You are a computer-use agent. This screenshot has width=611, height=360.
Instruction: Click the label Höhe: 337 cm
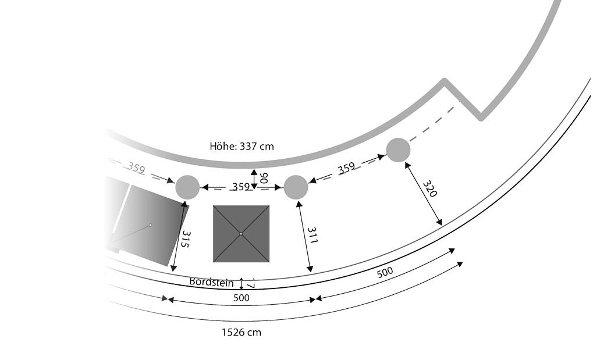pyautogui.click(x=241, y=146)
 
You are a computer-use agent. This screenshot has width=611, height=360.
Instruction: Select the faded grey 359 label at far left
pyautogui.click(x=137, y=169)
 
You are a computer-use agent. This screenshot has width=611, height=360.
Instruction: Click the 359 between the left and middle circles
pyautogui.click(x=241, y=187)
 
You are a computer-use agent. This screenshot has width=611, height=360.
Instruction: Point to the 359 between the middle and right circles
pyautogui.click(x=346, y=168)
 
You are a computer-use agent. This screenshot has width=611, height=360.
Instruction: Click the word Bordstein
pyautogui.click(x=211, y=281)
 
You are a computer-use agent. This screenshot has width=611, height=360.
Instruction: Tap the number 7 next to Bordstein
pyautogui.click(x=250, y=286)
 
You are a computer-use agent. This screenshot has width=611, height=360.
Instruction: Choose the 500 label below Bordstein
pyautogui.click(x=241, y=298)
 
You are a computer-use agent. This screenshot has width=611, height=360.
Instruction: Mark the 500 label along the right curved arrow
pyautogui.click(x=385, y=272)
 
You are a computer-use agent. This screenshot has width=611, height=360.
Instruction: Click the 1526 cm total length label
pyautogui.click(x=241, y=333)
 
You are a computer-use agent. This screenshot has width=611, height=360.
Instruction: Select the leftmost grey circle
pyautogui.click(x=187, y=187)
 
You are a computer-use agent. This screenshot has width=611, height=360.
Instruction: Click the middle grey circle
pyautogui.click(x=296, y=187)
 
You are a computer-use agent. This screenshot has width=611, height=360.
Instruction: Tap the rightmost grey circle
pyautogui.click(x=398, y=149)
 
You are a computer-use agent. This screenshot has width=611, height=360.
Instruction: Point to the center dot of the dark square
pyautogui.click(x=241, y=234)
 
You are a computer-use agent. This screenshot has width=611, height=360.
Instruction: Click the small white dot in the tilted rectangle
pyautogui.click(x=150, y=224)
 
